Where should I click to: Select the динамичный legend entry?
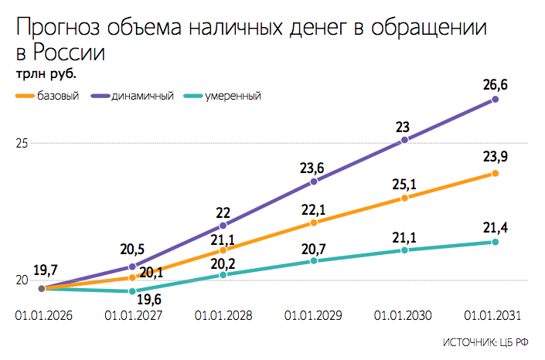point(141,97)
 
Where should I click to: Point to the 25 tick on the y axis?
point(22,144)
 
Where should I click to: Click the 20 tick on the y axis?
point(22,280)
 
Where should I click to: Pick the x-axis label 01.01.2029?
point(313,315)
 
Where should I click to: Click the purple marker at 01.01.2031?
point(496,99)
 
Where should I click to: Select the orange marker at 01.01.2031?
point(496,173)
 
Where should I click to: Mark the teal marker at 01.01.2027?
point(132,291)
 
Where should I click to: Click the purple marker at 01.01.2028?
point(223,226)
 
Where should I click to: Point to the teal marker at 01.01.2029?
point(313,261)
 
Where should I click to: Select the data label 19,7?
point(46,270)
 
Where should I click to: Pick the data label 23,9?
point(495,157)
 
